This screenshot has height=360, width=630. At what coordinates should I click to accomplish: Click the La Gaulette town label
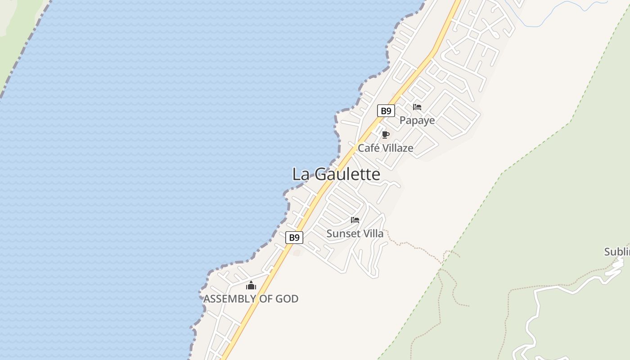[336, 174]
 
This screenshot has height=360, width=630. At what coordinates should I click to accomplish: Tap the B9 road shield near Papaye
[386, 111]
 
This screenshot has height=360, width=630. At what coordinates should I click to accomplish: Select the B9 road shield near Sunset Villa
[294, 238]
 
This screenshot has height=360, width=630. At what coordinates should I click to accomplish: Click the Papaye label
[417, 121]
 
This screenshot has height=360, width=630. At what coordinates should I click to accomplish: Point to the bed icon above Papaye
[417, 107]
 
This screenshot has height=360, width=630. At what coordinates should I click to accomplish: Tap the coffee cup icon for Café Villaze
[385, 135]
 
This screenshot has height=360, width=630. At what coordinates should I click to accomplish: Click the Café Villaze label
[385, 148]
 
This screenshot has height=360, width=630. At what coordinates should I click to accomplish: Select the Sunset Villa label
[355, 234]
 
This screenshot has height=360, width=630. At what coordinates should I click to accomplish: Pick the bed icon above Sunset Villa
[355, 220]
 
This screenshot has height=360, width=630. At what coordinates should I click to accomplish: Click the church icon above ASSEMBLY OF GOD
[251, 285]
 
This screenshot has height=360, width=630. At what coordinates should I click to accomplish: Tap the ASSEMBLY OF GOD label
[251, 299]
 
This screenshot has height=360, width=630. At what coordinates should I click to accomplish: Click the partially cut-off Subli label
[617, 252]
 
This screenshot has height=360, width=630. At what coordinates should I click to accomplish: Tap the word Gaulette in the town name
[347, 174]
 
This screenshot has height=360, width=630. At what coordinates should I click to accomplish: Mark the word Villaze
[397, 148]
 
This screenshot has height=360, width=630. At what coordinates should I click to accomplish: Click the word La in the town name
[301, 174]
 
